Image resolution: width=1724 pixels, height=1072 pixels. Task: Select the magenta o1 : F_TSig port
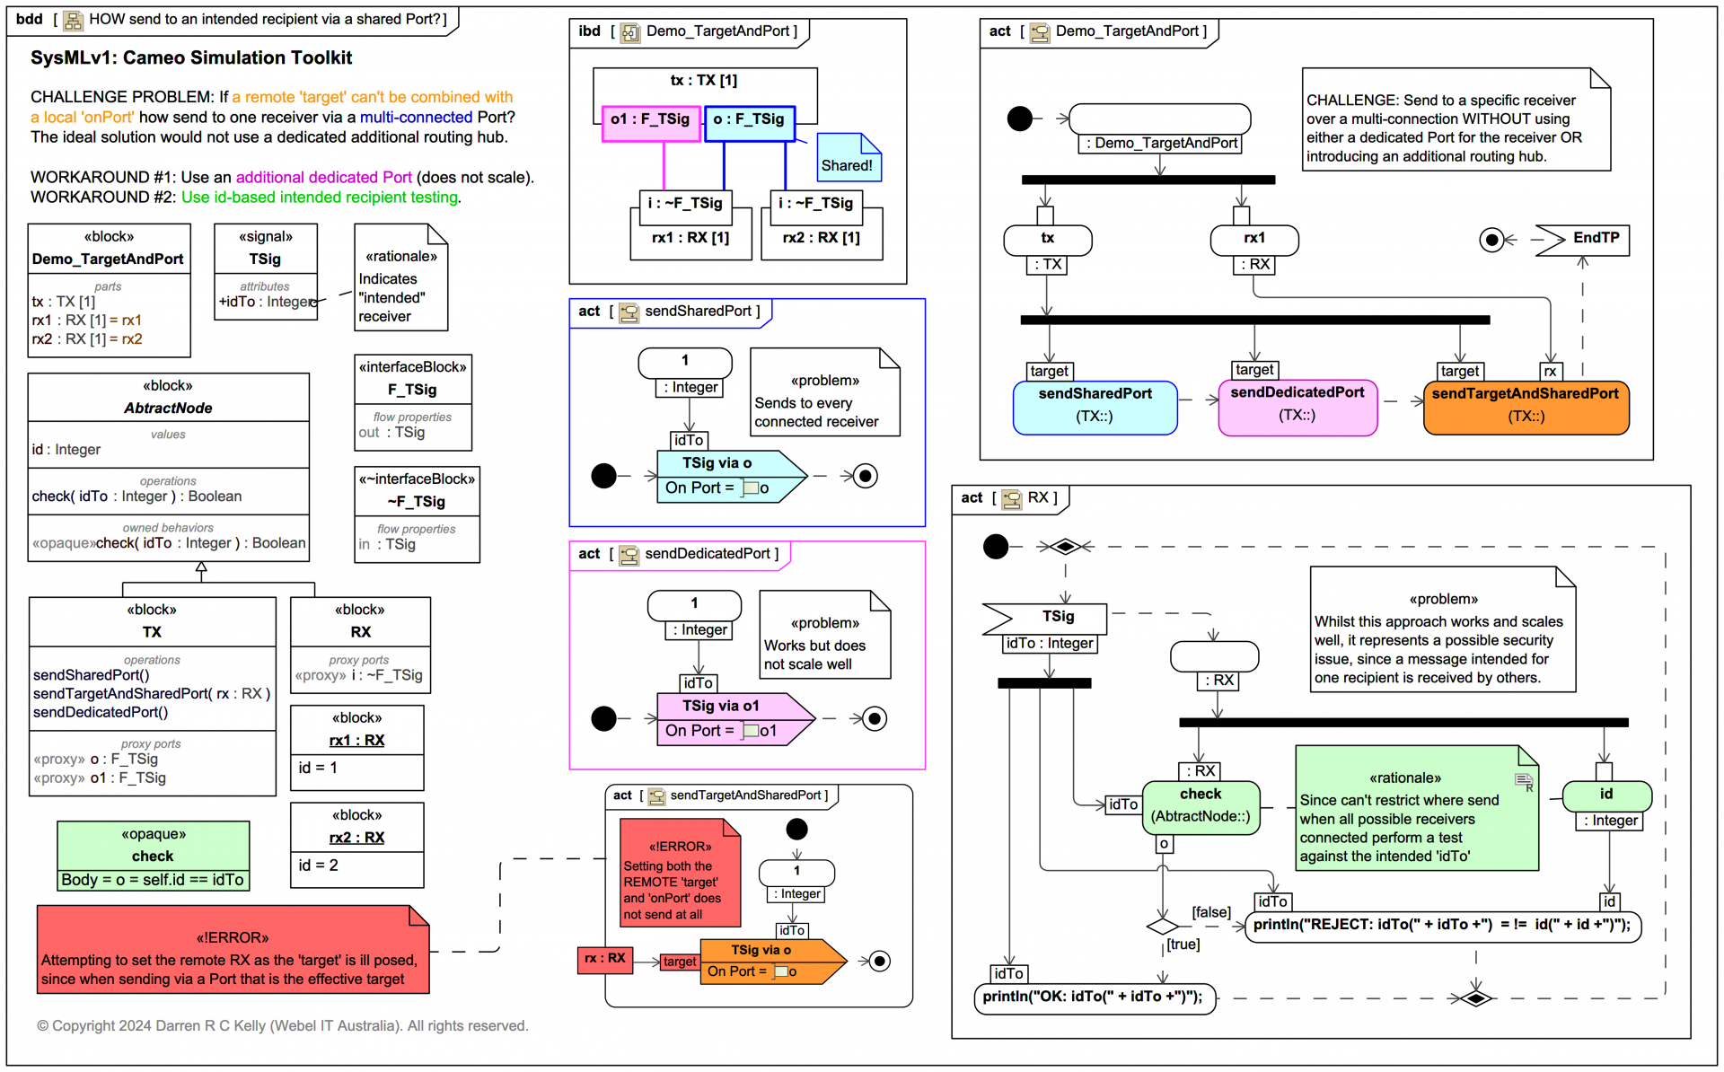(x=650, y=120)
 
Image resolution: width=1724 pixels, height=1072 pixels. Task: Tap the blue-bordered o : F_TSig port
(x=749, y=120)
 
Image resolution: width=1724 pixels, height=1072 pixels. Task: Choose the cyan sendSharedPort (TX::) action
(x=1095, y=408)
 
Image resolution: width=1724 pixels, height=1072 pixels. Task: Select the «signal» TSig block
(x=265, y=270)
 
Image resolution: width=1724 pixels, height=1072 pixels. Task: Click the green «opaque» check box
(x=153, y=856)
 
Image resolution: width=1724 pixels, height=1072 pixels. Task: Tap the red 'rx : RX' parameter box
(x=604, y=959)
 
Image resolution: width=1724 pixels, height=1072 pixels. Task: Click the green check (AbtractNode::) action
(x=1201, y=806)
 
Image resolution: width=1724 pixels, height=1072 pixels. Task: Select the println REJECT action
(x=1442, y=926)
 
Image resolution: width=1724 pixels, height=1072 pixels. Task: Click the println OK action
(x=1094, y=997)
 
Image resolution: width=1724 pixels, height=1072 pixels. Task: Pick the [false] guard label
(x=1210, y=912)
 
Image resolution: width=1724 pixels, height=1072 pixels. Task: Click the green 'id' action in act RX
(x=1606, y=795)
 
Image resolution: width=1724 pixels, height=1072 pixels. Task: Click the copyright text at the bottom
(x=282, y=1026)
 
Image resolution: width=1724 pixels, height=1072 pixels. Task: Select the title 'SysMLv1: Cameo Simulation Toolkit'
(x=191, y=58)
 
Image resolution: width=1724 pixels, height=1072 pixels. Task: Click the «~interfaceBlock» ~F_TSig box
(x=417, y=514)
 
